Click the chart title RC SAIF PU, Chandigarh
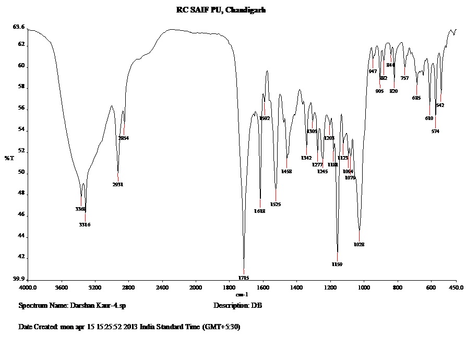[x=221, y=9]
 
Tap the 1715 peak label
[x=244, y=278]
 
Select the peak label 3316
[x=85, y=225]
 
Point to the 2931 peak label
[x=118, y=185]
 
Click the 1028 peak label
[x=359, y=245]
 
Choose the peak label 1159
[x=337, y=265]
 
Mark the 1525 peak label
[x=276, y=205]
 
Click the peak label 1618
[x=260, y=211]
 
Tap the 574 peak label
[x=435, y=131]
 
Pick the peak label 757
[x=404, y=78]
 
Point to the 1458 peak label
[x=286, y=171]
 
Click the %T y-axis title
[x=9, y=158]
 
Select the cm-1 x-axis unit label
[x=242, y=295]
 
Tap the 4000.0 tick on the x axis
[x=28, y=287]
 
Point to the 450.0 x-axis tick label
[x=456, y=287]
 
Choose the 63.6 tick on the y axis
[x=19, y=27]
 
